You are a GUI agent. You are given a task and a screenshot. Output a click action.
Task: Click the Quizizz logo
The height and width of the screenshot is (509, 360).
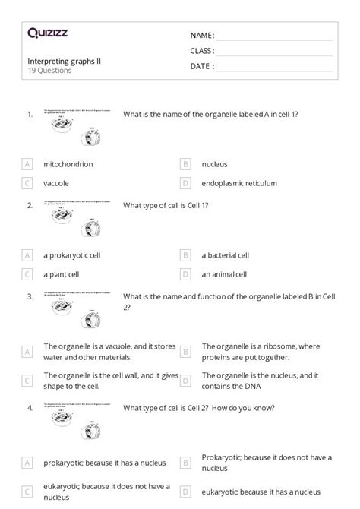[47, 33]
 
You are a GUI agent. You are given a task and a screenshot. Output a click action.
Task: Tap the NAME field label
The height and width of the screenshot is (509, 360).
[202, 35]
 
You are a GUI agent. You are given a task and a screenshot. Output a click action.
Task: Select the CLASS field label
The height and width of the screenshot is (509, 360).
[202, 51]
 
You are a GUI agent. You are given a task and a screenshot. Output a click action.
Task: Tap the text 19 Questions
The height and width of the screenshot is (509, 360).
[49, 71]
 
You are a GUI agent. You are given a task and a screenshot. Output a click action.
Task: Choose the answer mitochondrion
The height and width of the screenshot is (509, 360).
[68, 164]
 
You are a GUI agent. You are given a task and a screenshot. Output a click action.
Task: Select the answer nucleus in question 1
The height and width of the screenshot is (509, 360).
[214, 164]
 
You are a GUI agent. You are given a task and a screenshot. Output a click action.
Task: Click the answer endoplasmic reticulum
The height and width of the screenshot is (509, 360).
[239, 183]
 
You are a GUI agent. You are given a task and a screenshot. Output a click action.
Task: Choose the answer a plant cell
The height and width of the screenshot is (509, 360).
[63, 274]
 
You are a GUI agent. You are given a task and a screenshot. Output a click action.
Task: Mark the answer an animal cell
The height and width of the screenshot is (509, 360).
[226, 274]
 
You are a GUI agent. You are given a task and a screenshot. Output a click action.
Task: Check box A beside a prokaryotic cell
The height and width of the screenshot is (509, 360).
[27, 255]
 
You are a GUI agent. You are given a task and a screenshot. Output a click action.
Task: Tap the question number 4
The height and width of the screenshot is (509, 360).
[30, 408]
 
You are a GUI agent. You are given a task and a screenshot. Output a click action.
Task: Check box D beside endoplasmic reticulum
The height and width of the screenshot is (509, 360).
[185, 183]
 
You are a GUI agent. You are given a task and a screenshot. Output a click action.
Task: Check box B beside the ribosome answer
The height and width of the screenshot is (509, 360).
[185, 352]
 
